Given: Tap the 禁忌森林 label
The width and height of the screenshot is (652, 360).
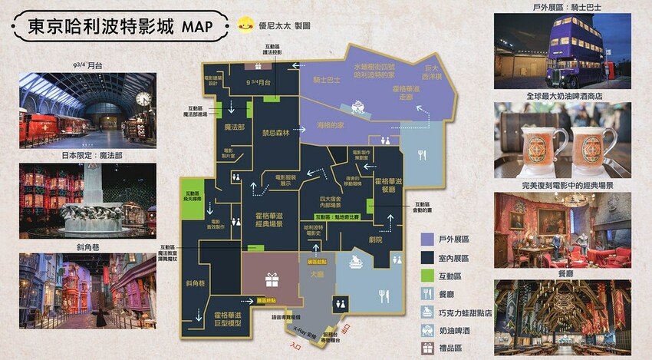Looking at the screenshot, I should point(275,133).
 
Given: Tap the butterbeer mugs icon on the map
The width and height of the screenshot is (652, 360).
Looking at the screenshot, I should point(355,263).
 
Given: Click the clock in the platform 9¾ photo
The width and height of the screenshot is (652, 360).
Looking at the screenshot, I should point(143,98).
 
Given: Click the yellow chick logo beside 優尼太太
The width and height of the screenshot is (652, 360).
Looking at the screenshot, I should point(246,24).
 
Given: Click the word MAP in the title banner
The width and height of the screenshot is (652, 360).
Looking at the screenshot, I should point(202,26).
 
